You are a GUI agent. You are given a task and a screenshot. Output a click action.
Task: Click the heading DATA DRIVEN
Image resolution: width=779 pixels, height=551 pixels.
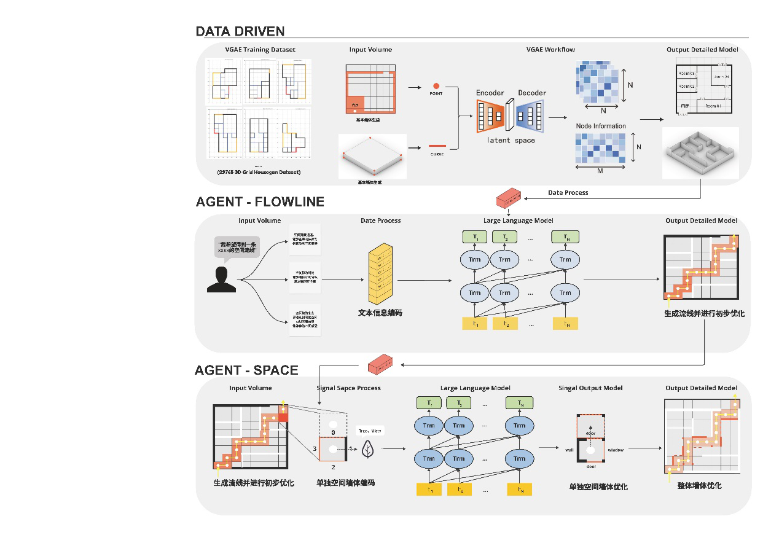(240, 31)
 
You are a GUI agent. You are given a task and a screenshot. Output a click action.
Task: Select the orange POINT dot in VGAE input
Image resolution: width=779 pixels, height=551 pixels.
(436, 86)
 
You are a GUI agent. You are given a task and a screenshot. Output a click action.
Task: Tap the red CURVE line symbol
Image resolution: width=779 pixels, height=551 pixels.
(436, 146)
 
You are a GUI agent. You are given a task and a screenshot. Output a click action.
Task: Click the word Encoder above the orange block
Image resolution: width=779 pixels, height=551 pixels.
(490, 93)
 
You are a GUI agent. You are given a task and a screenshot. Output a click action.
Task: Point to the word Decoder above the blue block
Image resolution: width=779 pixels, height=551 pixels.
(531, 93)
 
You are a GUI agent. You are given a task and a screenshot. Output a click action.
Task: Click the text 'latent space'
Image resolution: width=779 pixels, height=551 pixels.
(511, 140)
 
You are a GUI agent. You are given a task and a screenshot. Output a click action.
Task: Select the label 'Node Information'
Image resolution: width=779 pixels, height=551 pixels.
(600, 126)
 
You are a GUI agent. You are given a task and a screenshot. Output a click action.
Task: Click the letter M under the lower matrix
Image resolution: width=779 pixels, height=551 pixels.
(600, 171)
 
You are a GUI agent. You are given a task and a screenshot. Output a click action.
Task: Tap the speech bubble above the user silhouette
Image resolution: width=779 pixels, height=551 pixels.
(236, 248)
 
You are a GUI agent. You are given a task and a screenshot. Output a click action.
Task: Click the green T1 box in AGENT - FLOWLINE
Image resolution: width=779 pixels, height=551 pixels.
(475, 237)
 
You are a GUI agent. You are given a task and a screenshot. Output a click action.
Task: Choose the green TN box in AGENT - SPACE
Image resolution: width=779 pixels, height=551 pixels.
(520, 403)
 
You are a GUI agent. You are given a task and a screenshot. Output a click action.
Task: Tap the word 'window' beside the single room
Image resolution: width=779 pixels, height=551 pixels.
(615, 450)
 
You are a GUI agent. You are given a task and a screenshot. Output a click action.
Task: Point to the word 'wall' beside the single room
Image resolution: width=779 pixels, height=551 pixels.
(569, 450)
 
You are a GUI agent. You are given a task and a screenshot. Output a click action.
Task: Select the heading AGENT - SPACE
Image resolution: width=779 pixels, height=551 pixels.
(246, 370)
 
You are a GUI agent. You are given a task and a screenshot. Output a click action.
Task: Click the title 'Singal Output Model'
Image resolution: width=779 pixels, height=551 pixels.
(590, 388)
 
